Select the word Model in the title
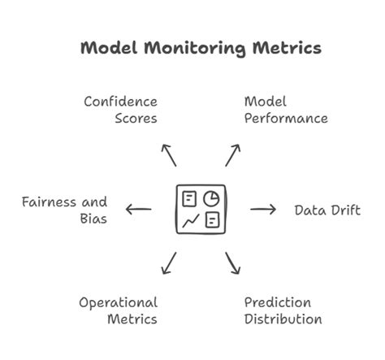[109, 48]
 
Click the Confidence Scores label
[121, 110]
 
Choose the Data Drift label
[327, 210]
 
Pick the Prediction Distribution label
[283, 310]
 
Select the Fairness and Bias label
[65, 210]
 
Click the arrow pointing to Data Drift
[262, 210]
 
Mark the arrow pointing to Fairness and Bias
[138, 210]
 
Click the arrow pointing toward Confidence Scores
[167, 154]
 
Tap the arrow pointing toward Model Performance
[233, 154]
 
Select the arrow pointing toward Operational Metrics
[168, 263]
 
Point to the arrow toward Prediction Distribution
[233, 263]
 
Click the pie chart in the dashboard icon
[210, 198]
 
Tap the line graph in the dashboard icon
[190, 220]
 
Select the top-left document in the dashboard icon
[190, 198]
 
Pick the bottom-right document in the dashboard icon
[211, 219]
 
